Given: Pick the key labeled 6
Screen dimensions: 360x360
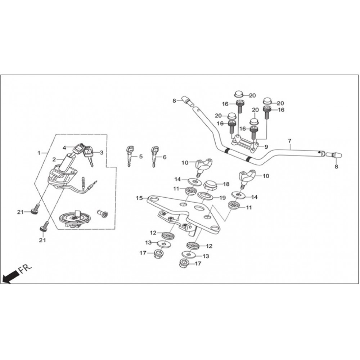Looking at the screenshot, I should click(155, 156).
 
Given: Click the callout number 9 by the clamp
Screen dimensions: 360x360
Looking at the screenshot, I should click(266, 147).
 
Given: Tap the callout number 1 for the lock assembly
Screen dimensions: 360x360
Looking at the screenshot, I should click(39, 153).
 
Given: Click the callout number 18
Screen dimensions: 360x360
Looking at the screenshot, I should click(226, 184).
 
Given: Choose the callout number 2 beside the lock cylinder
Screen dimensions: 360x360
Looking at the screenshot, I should click(54, 159).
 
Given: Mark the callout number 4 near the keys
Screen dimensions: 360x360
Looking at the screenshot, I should click(65, 148).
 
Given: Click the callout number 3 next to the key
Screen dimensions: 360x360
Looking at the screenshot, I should click(102, 153).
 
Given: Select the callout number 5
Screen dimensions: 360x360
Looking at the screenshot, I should click(141, 157).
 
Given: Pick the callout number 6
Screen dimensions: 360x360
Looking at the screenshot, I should click(165, 157).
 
